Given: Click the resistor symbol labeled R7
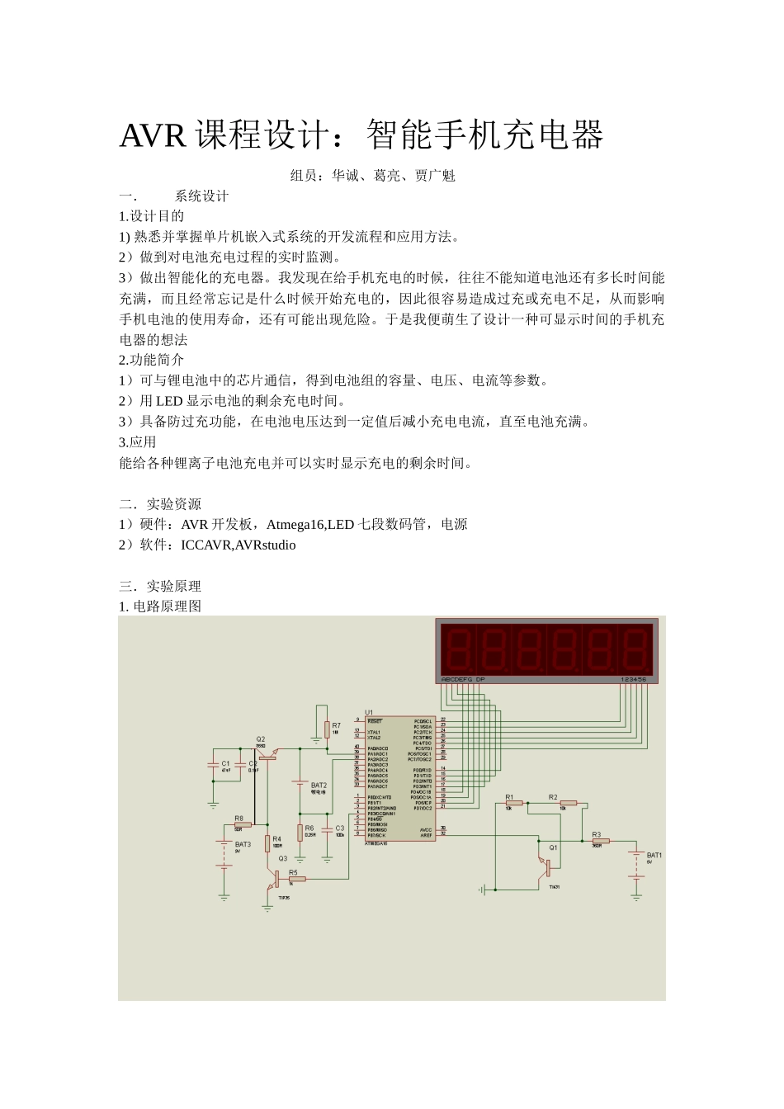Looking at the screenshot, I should (327, 729).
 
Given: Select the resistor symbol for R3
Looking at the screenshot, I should (600, 842).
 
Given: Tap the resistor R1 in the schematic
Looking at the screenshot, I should (514, 802).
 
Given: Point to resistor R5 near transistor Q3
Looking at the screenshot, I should (296, 879).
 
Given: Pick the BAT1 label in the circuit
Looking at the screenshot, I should (654, 856).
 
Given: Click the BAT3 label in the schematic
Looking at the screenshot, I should (243, 845).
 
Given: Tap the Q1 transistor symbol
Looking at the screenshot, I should (545, 866).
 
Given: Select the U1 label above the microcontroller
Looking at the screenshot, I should (369, 712).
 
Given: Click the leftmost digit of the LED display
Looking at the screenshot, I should (457, 649).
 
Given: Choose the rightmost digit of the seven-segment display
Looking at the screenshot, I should (635, 649).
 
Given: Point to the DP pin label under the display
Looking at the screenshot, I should (480, 679).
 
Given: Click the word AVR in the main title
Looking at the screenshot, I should (153, 136).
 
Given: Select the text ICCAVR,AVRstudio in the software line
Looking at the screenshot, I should (239, 545).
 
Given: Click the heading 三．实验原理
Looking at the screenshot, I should (160, 587).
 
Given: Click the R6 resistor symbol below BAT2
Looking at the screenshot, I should (300, 832).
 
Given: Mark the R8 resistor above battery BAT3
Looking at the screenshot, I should (242, 824).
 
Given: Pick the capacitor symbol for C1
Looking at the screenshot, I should (214, 765).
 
